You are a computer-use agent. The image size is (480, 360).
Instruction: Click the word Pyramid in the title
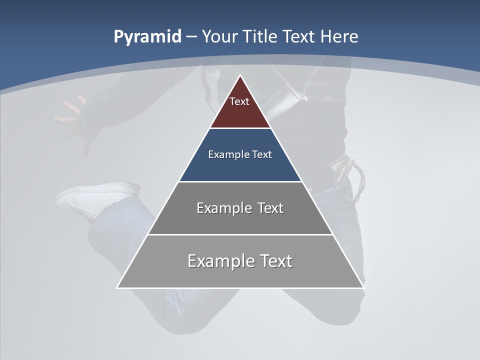tap(147, 37)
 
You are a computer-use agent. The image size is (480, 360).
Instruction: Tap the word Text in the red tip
tap(239, 101)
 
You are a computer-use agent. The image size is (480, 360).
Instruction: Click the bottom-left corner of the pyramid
tap(117, 287)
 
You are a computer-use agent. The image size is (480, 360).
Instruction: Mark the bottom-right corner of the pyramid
tap(363, 287)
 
